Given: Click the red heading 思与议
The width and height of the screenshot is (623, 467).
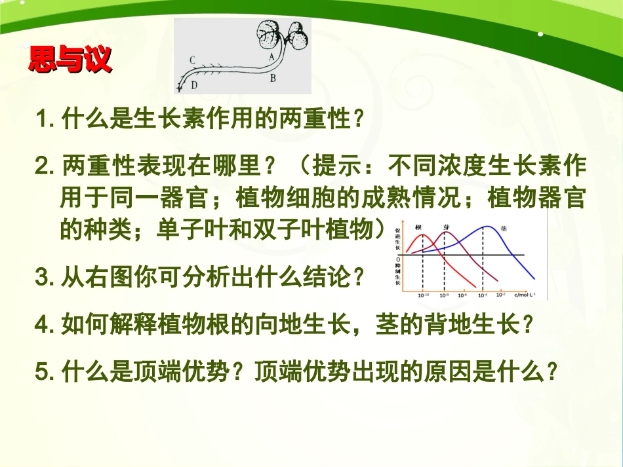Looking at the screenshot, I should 70,59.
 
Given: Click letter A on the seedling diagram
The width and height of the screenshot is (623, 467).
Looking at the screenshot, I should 271,56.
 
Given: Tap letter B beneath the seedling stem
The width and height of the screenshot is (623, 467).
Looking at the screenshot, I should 273,78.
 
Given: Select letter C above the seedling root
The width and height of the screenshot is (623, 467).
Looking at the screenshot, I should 192,60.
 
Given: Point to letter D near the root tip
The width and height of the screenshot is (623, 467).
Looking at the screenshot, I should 194,84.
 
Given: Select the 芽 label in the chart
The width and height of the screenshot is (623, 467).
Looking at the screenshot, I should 447,227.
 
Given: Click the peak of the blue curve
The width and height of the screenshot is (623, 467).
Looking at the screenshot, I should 485,227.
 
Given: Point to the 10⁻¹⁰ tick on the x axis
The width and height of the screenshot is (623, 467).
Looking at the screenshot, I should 423,296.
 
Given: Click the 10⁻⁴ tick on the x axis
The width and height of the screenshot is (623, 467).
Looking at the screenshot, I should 482,296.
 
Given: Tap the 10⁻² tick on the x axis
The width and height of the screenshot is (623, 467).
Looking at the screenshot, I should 500,295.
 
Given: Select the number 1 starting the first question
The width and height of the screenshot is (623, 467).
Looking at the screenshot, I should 44,120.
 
